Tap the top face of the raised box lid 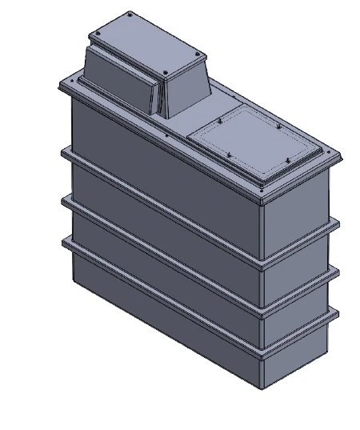tap(148, 44)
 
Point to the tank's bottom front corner tap(265, 389)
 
